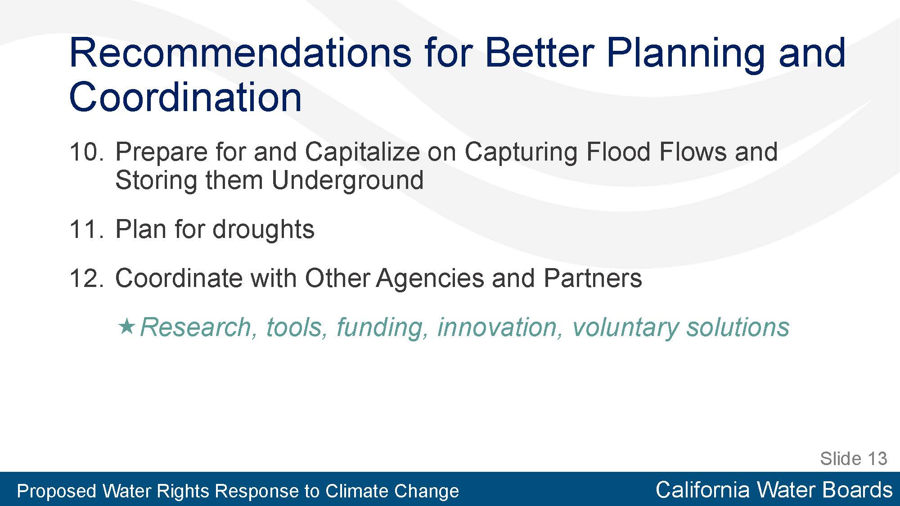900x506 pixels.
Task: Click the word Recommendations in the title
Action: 240,53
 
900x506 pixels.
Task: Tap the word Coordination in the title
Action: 185,97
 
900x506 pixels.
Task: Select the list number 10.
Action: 86,152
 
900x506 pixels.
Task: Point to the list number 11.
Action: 86,229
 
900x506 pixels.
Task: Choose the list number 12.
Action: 86,278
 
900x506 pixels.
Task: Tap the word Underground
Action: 347,180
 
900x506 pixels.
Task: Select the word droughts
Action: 263,229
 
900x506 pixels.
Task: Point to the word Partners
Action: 593,278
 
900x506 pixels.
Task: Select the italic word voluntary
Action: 625,327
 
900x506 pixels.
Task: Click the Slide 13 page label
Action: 853,459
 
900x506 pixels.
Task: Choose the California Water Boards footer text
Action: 774,490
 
